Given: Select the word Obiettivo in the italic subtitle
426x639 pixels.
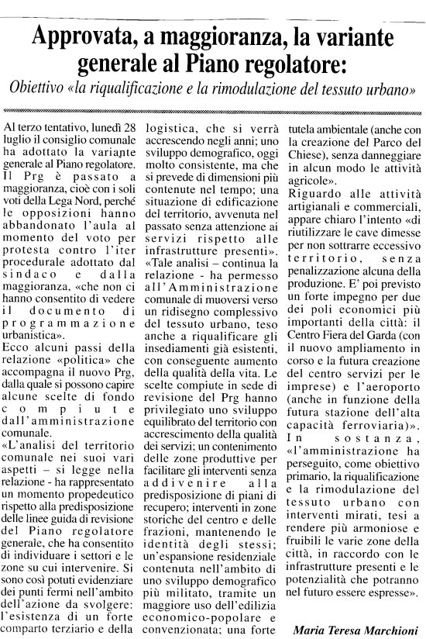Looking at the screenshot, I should tap(40, 88).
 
